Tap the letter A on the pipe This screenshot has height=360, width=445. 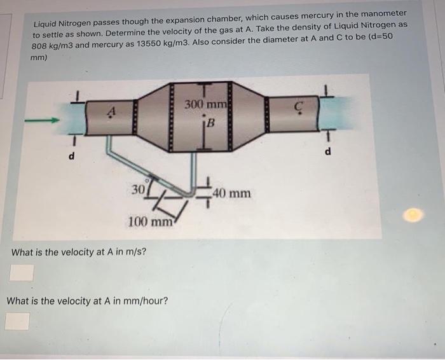111,113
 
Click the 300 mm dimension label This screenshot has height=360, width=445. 202,104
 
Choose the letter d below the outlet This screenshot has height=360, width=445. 328,151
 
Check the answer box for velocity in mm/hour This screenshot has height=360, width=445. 17,320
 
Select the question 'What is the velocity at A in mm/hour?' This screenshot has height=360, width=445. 87,300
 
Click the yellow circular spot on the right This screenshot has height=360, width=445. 413,216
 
